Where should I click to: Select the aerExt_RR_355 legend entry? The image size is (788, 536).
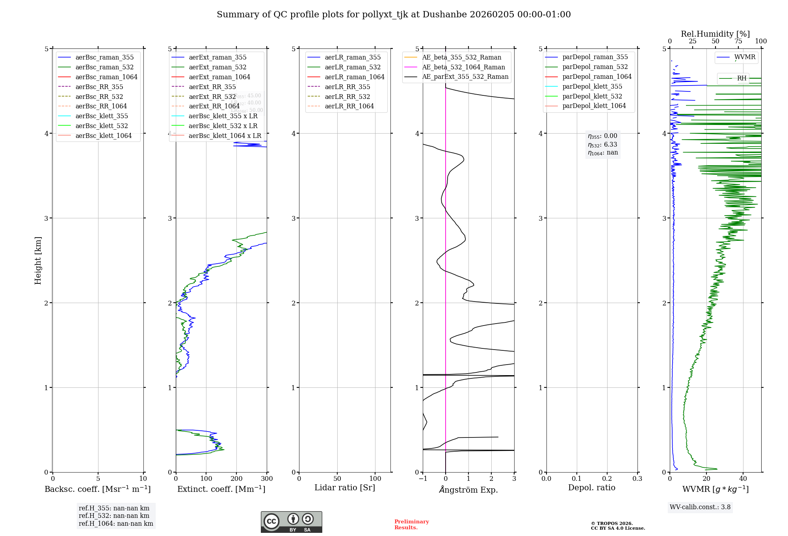pyautogui.click(x=212, y=87)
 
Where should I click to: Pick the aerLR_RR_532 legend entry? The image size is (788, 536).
pyautogui.click(x=347, y=97)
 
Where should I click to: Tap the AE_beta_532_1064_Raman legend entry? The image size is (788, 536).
pyautogui.click(x=463, y=67)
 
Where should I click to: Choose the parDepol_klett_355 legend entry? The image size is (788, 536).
pyautogui.click(x=592, y=86)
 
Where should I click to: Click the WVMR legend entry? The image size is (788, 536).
pyautogui.click(x=745, y=57)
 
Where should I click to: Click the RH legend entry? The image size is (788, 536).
pyautogui.click(x=742, y=78)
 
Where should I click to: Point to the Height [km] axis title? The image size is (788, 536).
pyautogui.click(x=38, y=261)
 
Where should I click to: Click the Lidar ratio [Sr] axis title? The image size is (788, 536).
pyautogui.click(x=345, y=488)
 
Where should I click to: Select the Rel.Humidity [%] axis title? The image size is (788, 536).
pyautogui.click(x=715, y=34)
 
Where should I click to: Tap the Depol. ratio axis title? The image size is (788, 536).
pyautogui.click(x=591, y=488)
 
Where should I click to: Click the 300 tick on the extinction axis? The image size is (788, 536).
pyautogui.click(x=267, y=479)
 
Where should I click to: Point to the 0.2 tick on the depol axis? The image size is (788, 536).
pyautogui.click(x=607, y=479)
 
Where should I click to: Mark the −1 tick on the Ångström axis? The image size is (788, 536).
pyautogui.click(x=423, y=479)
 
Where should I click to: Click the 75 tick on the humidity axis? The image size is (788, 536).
pyautogui.click(x=738, y=41)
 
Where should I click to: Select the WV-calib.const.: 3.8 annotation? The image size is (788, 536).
pyautogui.click(x=700, y=507)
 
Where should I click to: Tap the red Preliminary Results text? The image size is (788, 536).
pyautogui.click(x=411, y=525)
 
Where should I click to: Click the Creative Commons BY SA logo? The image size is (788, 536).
pyautogui.click(x=291, y=522)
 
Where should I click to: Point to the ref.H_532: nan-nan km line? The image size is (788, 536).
pyautogui.click(x=114, y=516)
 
